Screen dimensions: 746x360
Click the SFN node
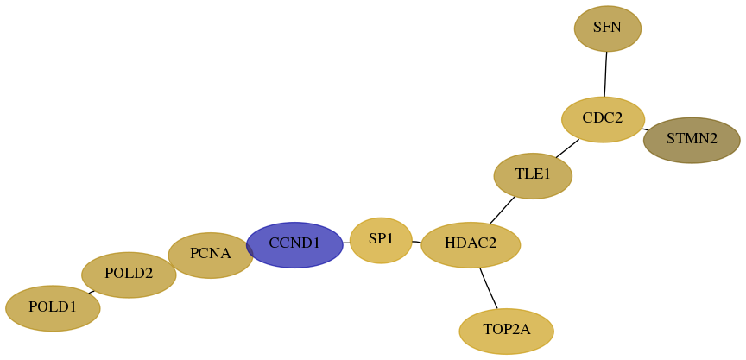(608, 28)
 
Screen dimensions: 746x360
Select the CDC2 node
(603, 119)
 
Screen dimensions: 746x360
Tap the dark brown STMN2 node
(692, 141)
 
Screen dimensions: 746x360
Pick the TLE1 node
(533, 176)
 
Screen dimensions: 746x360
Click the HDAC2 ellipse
(471, 245)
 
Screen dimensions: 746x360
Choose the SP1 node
(381, 240)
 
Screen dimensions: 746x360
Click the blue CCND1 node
(294, 245)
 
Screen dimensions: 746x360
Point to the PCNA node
(211, 256)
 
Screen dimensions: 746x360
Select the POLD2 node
(129, 275)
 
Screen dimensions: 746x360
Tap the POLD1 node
(53, 308)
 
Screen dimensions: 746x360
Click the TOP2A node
(506, 331)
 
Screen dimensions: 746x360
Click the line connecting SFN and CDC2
(605, 74)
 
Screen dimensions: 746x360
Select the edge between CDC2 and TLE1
(567, 148)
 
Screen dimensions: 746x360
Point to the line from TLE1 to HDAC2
(503, 210)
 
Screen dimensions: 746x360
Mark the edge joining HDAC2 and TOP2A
(489, 288)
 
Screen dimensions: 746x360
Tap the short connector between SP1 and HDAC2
(416, 242)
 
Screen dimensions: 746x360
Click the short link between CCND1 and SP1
(346, 243)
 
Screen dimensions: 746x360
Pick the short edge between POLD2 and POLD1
(92, 292)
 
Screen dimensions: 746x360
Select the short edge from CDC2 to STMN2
(645, 129)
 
